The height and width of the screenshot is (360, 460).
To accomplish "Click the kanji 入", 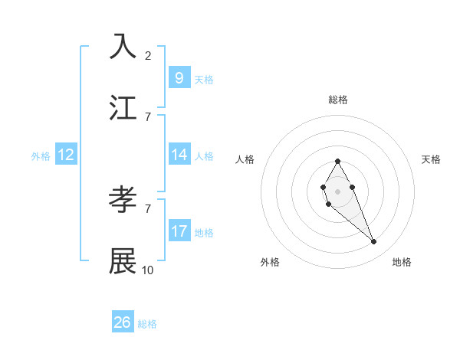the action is click(123, 47).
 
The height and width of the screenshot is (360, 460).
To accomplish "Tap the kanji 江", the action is click(123, 108).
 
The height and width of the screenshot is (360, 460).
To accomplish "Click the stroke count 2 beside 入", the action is click(147, 56).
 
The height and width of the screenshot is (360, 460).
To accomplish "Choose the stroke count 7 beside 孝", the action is click(147, 208).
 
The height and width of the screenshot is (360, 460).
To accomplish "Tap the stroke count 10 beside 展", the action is click(148, 270).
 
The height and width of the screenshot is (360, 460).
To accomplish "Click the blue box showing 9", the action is click(179, 78).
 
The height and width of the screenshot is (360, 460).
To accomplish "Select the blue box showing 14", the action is click(179, 155).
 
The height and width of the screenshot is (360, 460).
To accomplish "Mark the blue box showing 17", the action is click(179, 231).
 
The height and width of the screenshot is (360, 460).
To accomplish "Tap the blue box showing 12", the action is click(66, 155).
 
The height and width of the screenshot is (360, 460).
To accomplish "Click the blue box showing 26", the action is click(123, 322).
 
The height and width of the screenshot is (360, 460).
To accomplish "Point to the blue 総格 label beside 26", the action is click(147, 324).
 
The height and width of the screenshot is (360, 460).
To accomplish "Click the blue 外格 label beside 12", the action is click(41, 156).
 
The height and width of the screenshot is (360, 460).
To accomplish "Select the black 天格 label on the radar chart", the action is click(431, 159).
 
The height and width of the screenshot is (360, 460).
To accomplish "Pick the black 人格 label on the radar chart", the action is click(245, 159).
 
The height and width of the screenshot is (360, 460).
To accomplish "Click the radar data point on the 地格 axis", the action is click(373, 242).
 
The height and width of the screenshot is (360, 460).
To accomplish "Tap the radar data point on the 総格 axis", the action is click(337, 161).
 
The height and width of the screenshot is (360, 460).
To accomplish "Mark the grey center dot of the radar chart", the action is click(337, 190).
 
